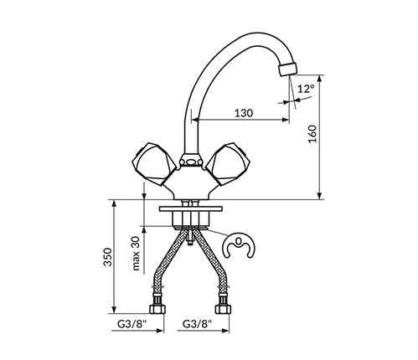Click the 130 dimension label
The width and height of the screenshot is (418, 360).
click(244, 113)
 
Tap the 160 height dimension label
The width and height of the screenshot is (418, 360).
click(312, 134)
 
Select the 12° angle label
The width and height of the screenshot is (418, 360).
click(306, 89)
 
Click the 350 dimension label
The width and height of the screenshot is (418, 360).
click(107, 257)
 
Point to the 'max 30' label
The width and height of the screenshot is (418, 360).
click(136, 254)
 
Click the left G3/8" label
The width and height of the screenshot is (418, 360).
click(132, 324)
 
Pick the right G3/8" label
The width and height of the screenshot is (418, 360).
click(197, 324)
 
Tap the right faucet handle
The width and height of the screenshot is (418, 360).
click(227, 164)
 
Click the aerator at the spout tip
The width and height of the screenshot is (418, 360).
click(287, 69)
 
